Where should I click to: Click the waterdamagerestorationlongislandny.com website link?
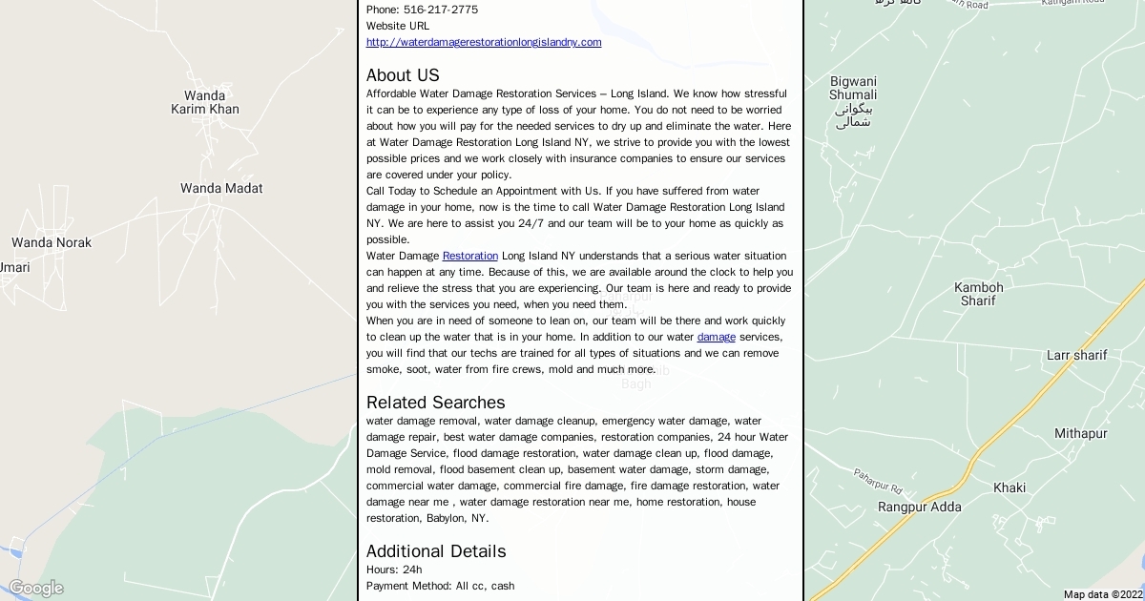tap(484, 42)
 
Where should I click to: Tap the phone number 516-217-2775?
tap(441, 10)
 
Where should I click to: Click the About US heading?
tap(403, 75)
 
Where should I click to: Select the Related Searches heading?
tap(435, 403)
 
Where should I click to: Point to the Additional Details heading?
tap(436, 551)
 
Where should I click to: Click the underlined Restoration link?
tap(470, 256)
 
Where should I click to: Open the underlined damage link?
tap(717, 337)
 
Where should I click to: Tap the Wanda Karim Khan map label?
tap(205, 102)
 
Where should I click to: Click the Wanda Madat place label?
tap(221, 188)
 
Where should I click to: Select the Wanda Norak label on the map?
tap(52, 242)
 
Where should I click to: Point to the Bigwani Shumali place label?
tap(853, 88)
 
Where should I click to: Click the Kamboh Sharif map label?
tap(979, 294)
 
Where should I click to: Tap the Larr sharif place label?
tap(1077, 355)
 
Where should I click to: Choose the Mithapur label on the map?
tap(1081, 433)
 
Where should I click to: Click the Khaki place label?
tap(1010, 487)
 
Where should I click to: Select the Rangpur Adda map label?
tap(920, 507)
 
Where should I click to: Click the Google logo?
tap(35, 588)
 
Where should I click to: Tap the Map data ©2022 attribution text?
tap(1103, 594)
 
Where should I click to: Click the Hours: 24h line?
tap(394, 570)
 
